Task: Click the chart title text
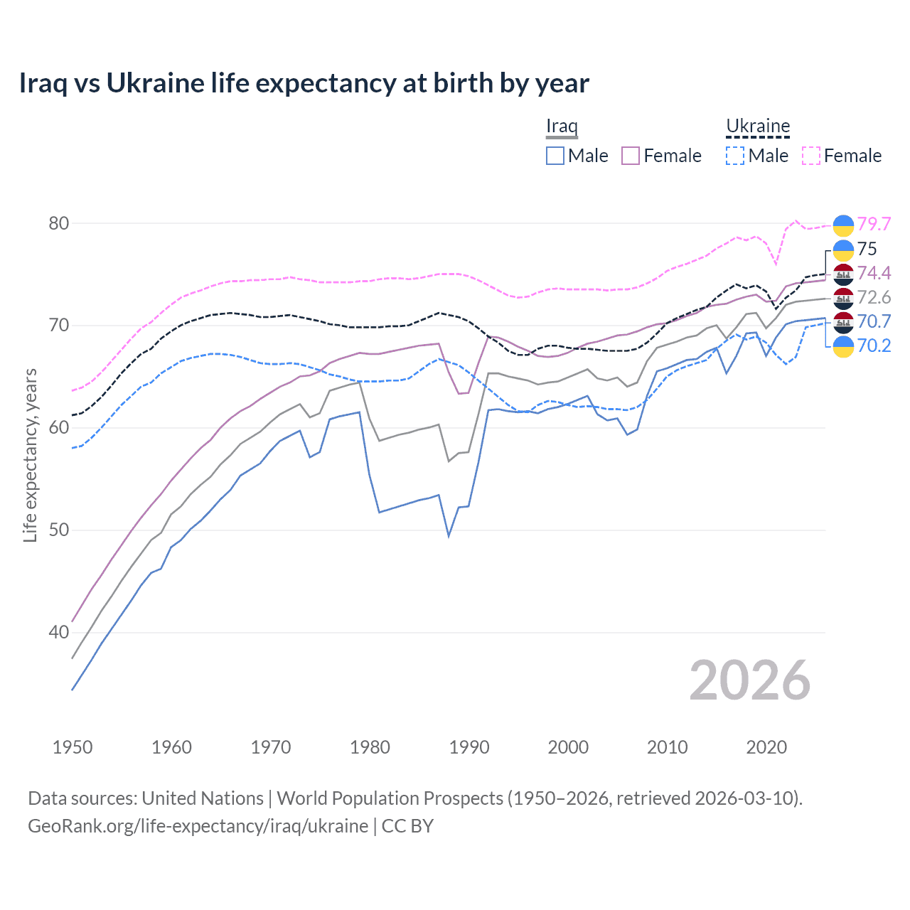[304, 83]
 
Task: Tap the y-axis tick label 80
[59, 223]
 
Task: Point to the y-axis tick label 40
[59, 632]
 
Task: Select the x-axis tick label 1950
[73, 747]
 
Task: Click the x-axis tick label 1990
[469, 747]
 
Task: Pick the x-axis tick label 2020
[766, 747]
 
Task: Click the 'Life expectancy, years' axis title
[31, 455]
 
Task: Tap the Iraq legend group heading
[562, 127]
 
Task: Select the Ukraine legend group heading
[758, 127]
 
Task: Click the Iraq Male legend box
[555, 156]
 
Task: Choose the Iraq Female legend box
[631, 156]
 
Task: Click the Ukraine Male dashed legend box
[735, 156]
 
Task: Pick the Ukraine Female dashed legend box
[811, 156]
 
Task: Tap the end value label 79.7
[874, 224]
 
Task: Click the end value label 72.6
[874, 297]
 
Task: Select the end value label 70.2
[874, 346]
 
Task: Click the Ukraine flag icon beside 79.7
[843, 225]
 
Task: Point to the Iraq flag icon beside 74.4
[843, 274]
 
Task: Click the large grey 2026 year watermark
[750, 680]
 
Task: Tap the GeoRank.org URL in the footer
[198, 826]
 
